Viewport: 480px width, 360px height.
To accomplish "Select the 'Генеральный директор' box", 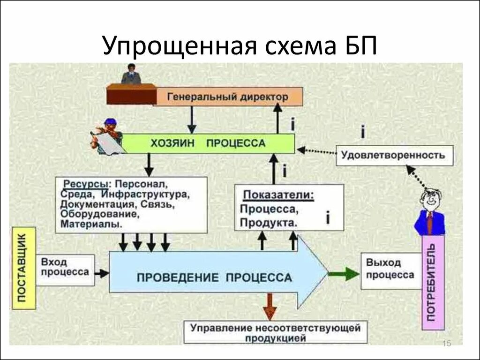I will pyautogui.click(x=228, y=97).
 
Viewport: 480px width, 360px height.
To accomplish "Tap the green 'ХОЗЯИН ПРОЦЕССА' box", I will pyautogui.click(x=208, y=143).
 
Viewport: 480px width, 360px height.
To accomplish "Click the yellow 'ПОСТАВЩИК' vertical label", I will pyautogui.click(x=24, y=268).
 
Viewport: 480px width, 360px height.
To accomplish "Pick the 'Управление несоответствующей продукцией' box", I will pyautogui.click(x=276, y=332).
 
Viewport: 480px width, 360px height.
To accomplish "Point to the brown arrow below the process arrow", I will pyautogui.click(x=270, y=307).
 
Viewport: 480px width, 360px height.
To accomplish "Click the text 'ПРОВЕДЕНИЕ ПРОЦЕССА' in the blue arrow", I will pyautogui.click(x=214, y=277).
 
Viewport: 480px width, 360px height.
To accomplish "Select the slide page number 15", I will pyautogui.click(x=446, y=345).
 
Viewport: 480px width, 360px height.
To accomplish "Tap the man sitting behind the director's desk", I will pyautogui.click(x=131, y=74).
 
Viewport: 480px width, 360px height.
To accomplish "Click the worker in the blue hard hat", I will pyautogui.click(x=109, y=135).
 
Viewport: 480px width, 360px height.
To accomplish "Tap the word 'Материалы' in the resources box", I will pyautogui.click(x=90, y=225).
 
